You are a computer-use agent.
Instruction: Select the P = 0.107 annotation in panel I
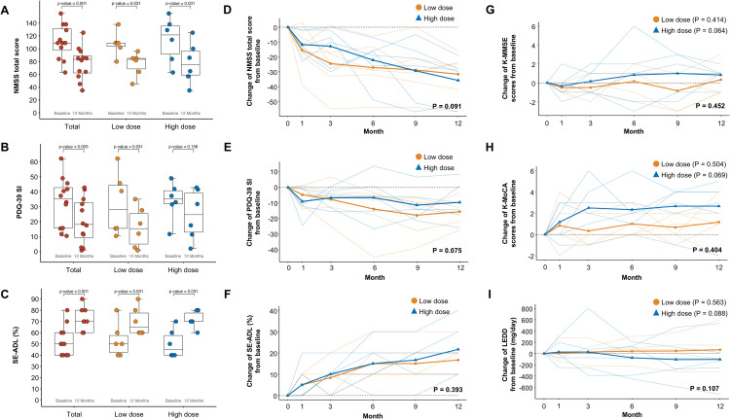pyautogui.click(x=692, y=373)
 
